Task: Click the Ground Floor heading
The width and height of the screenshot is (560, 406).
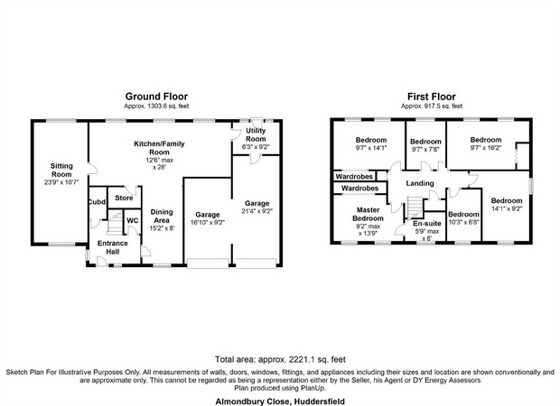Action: [x=156, y=97]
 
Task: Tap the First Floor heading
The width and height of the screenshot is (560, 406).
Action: [x=432, y=97]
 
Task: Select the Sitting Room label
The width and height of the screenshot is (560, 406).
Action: [x=61, y=171]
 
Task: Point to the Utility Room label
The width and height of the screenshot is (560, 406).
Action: [x=256, y=134]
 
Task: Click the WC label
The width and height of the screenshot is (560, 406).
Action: [x=133, y=221]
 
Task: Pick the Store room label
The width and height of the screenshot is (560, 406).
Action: [x=124, y=198]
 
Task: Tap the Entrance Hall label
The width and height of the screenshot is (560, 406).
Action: [x=113, y=247]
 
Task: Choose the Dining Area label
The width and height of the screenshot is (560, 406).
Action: [x=162, y=217]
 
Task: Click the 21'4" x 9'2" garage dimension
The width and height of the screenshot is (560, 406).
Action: [x=257, y=211]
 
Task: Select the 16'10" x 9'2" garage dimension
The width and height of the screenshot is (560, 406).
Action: [x=207, y=222]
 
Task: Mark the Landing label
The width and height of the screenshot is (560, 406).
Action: [x=420, y=183]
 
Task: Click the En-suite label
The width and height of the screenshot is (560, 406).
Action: [x=427, y=224]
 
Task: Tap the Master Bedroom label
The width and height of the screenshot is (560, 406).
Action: [x=368, y=214]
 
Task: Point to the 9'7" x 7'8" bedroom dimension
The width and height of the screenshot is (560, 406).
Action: [x=425, y=149]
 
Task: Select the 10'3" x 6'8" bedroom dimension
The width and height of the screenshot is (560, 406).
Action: [x=463, y=222]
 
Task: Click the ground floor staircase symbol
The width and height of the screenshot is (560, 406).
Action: [x=115, y=223]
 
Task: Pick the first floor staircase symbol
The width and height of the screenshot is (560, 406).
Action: [x=415, y=207]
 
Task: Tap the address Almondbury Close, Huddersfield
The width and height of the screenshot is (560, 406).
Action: [x=280, y=401]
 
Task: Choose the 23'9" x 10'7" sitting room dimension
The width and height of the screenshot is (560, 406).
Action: [x=61, y=182]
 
